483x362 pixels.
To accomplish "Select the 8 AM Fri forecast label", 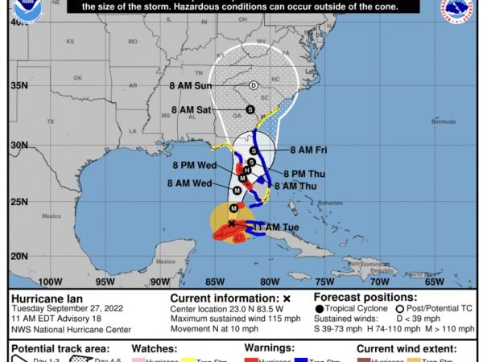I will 308,150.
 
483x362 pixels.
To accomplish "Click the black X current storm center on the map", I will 233,224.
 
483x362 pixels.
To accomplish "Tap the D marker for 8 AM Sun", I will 253,85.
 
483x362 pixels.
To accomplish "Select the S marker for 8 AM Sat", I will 250,109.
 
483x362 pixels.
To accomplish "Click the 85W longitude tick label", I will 214,282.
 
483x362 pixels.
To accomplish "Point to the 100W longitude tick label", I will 50,282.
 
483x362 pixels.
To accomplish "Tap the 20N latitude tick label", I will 18,256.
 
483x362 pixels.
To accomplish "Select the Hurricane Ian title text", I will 40,296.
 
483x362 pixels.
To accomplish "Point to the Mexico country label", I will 52,216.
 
